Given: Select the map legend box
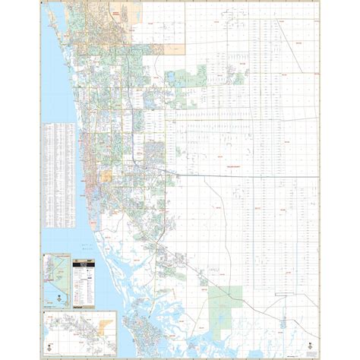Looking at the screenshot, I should click(83, 277).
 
